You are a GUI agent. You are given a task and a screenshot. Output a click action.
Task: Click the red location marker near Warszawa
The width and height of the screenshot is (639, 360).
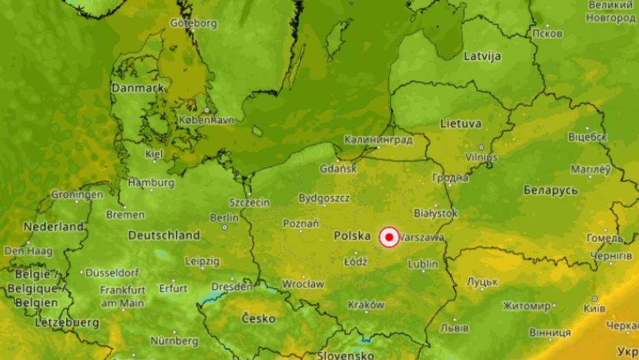click(389, 237)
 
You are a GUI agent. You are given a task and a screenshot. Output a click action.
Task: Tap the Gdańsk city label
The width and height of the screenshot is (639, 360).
click(337, 168)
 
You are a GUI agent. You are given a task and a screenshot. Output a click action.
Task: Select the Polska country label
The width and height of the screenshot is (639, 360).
click(352, 236)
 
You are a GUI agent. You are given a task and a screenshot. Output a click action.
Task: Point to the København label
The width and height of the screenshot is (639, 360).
click(207, 120)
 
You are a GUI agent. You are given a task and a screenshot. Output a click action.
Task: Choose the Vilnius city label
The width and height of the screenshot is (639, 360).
click(481, 157)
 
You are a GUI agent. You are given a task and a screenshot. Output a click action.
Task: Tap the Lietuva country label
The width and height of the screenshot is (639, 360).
click(461, 124)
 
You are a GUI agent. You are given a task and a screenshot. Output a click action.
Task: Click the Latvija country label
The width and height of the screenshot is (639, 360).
click(483, 55)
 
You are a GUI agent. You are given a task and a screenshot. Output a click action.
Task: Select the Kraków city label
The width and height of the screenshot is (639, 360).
click(367, 305)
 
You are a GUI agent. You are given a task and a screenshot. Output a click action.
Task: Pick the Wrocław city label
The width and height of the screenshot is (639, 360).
click(304, 283)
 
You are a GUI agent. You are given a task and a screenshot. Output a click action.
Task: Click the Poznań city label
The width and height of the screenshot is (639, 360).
click(301, 223)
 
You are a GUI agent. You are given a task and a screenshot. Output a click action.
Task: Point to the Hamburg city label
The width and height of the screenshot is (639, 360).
click(151, 182)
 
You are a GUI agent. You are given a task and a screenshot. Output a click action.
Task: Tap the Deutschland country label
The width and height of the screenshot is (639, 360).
click(164, 235)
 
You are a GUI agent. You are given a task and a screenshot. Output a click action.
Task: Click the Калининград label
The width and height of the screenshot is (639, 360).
click(378, 140)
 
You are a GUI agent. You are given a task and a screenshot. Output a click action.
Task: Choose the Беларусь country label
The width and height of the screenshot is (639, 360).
click(551, 190)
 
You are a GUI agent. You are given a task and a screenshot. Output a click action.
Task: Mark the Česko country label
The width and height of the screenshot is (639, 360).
click(259, 318)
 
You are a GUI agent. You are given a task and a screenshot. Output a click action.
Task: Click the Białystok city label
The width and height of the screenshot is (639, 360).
click(436, 213)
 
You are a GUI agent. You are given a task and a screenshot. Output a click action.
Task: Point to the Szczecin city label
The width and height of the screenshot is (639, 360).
click(251, 202)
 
